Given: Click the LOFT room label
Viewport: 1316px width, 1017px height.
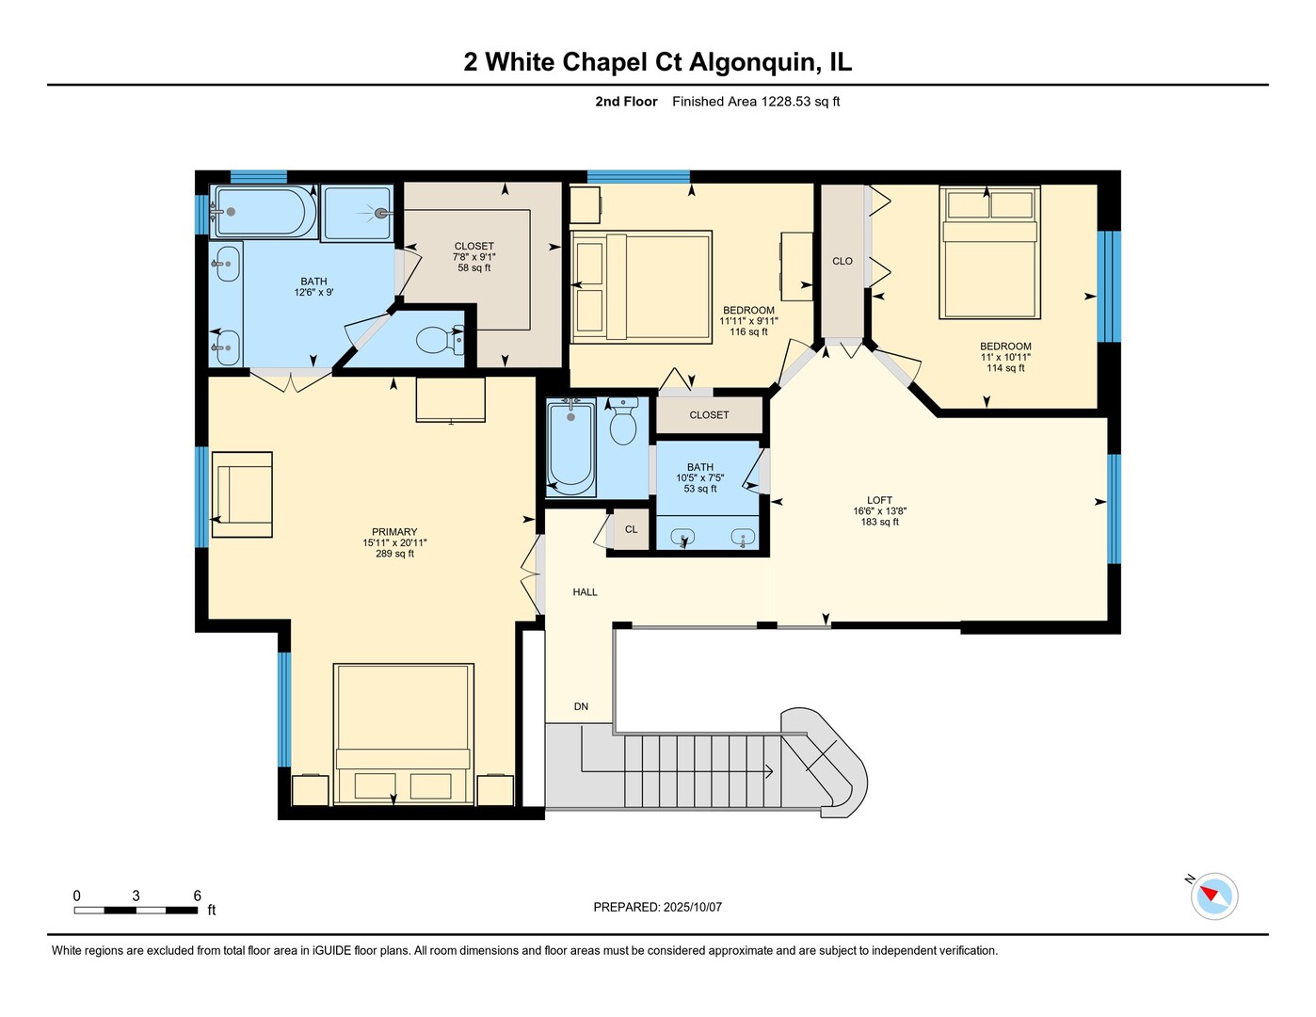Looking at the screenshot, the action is click(x=879, y=500).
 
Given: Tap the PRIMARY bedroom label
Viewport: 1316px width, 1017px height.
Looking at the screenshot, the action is click(x=394, y=532).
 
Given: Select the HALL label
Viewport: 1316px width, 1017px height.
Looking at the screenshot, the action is click(x=585, y=591).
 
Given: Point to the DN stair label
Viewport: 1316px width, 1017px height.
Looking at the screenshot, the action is click(x=581, y=706).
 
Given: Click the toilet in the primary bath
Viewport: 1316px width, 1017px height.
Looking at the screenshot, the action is click(x=440, y=340).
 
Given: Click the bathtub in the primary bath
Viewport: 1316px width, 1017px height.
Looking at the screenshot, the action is click(x=263, y=211).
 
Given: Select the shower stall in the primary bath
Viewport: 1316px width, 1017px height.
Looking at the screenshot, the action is click(x=357, y=213).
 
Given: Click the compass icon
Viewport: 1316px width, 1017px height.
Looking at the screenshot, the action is click(x=1213, y=896).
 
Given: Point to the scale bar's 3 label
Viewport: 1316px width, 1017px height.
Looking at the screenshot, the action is click(x=136, y=896).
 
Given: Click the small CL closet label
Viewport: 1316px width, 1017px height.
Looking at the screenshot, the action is click(x=631, y=529).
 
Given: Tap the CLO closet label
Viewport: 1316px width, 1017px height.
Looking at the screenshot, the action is click(x=843, y=261).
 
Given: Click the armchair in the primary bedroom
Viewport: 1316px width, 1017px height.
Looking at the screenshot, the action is click(x=242, y=494).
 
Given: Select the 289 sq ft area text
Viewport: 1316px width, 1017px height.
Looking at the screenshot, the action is click(x=394, y=554).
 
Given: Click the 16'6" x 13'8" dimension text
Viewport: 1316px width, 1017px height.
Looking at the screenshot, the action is click(x=880, y=510).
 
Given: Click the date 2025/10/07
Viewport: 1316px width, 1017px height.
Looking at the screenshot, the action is click(x=692, y=907).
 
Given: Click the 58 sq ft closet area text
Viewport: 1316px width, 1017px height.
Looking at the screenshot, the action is click(x=474, y=267).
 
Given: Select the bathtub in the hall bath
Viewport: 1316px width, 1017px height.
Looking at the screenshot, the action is click(x=570, y=446).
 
